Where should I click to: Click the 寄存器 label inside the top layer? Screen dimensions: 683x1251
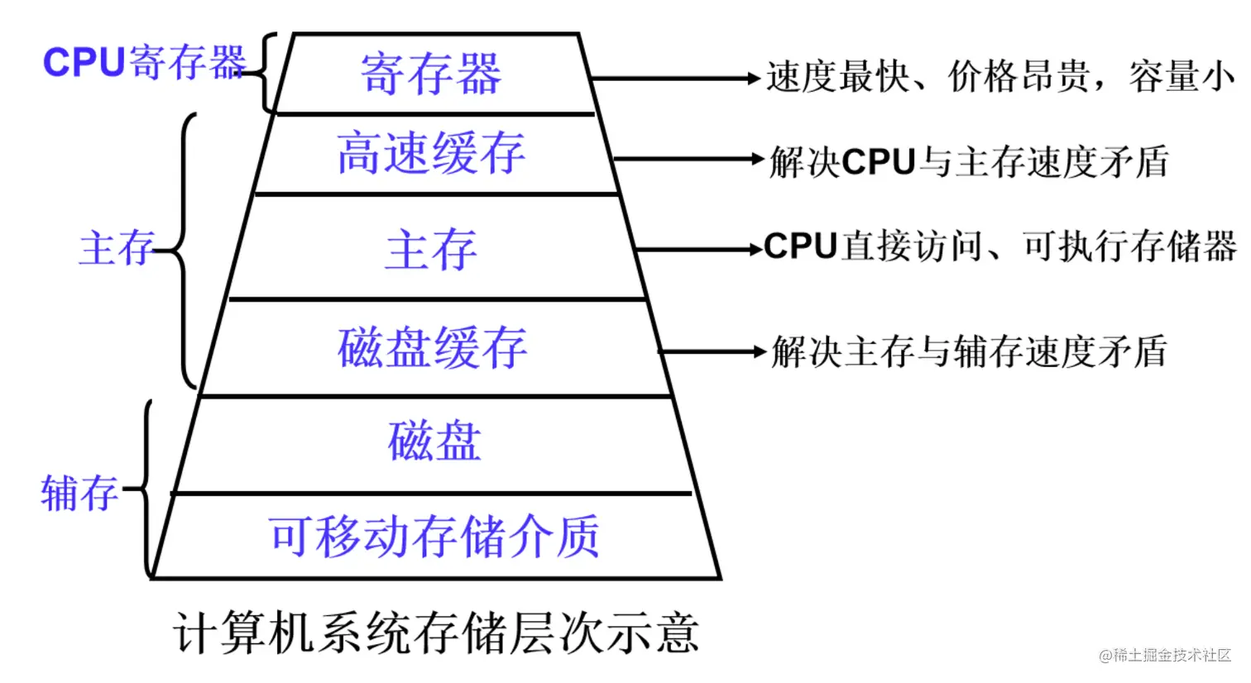coord(431,74)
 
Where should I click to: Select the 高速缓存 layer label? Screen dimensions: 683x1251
coord(431,154)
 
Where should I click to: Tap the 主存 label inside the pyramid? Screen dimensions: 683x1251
coord(431,250)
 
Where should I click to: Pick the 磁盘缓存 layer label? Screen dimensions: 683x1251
coord(432,348)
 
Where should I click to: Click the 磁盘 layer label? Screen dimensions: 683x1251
coord(434,442)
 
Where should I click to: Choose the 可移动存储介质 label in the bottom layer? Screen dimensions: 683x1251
coord(434,537)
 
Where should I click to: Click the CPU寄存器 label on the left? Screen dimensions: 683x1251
coord(144,63)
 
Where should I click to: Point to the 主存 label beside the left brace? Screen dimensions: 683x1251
coord(117,249)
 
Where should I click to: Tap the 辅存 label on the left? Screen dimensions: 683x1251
coord(79,494)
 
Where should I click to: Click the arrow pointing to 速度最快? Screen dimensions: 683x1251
coord(674,79)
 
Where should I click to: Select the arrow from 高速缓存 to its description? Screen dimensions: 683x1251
coord(687,159)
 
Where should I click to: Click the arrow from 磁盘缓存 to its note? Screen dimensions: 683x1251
coord(712,351)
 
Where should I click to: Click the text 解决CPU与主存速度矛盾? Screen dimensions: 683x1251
coord(969,161)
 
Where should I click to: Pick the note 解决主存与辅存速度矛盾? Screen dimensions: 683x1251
coord(969,351)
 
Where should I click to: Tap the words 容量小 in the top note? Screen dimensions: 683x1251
coord(1181,78)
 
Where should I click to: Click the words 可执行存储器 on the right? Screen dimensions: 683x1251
coord(1130,246)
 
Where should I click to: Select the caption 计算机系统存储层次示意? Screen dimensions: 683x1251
coord(437,633)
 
